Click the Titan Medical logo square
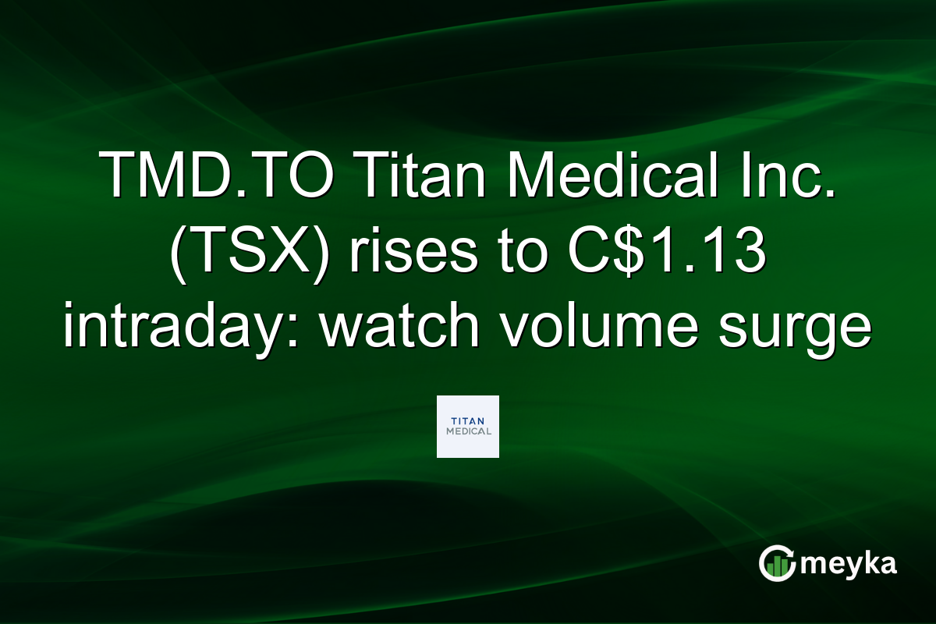(x=467, y=426)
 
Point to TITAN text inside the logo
(x=468, y=420)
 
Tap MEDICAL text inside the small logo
(x=468, y=431)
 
